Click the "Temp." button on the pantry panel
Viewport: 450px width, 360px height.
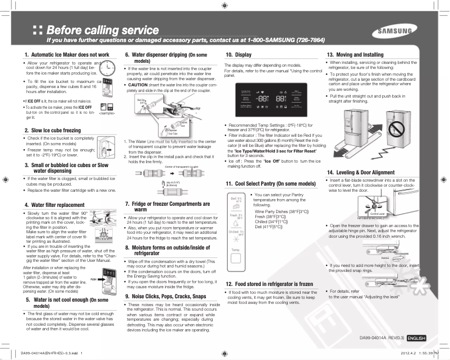coord(236,249)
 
